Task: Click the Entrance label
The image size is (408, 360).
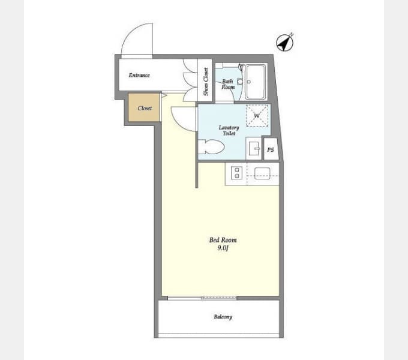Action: [139, 75]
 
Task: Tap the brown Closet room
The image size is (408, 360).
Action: [144, 107]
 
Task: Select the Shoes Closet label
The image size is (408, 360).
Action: [206, 82]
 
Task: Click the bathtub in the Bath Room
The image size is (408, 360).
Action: [256, 82]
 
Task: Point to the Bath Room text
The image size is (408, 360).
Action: [228, 84]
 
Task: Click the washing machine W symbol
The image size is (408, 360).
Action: [257, 115]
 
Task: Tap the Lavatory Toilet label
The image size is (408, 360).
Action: [229, 130]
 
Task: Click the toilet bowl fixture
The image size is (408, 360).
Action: [211, 147]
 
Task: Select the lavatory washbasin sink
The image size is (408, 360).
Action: [254, 149]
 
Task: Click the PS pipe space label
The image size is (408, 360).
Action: [271, 150]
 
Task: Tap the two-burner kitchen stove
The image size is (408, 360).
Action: [236, 173]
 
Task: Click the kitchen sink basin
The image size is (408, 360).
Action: [262, 173]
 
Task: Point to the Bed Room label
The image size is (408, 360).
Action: [223, 240]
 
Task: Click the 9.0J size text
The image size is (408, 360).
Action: [223, 248]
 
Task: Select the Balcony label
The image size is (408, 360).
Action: [223, 317]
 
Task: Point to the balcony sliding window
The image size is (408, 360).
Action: [202, 298]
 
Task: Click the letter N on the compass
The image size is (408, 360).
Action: [292, 34]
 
